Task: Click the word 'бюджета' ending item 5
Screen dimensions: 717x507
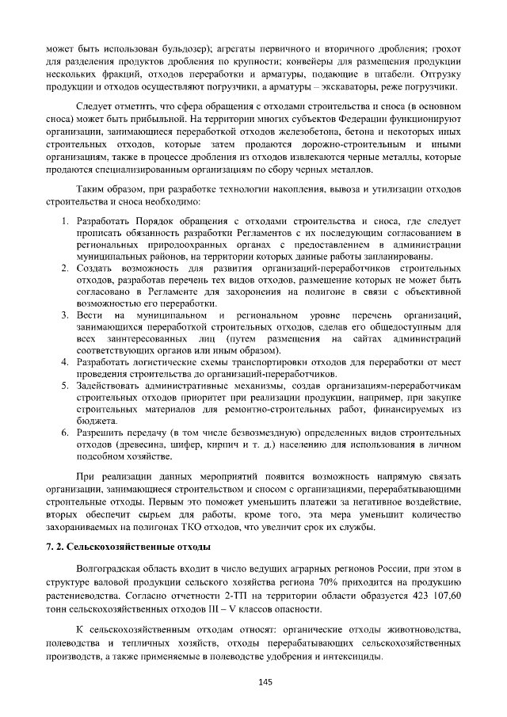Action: (x=97, y=420)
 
